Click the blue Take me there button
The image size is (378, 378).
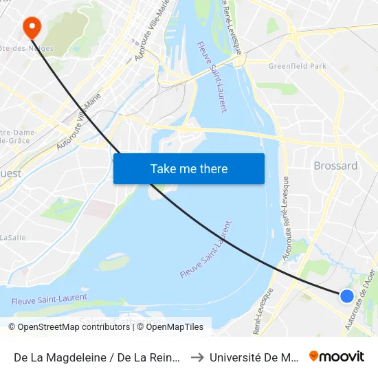tap(189, 168)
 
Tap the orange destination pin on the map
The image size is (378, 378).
tap(32, 27)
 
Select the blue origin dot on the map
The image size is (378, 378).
tap(347, 296)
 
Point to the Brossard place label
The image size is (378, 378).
tap(335, 166)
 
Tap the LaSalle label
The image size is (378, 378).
tap(12, 237)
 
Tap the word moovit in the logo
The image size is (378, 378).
tap(342, 356)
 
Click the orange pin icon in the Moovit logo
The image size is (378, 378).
tap(314, 356)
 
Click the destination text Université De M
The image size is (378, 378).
tap(254, 357)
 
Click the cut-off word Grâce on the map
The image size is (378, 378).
tap(19, 140)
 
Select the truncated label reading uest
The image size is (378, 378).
tap(11, 174)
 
